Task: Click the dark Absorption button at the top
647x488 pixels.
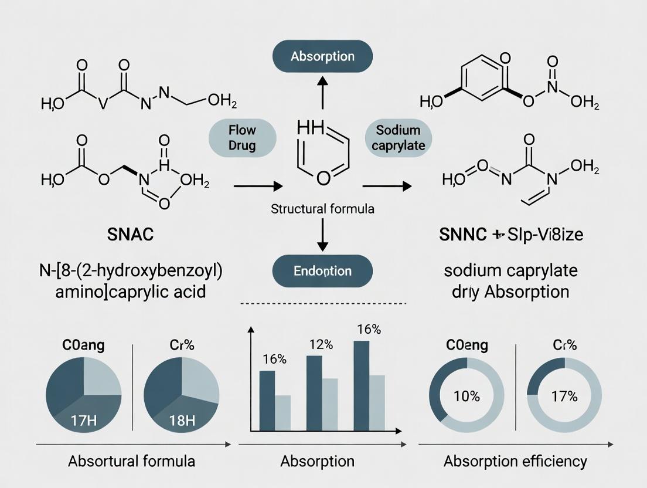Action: click(322, 57)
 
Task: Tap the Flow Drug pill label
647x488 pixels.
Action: click(241, 137)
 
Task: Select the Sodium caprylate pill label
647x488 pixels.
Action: click(399, 137)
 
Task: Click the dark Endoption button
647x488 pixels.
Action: click(322, 271)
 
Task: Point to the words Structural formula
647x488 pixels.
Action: click(322, 208)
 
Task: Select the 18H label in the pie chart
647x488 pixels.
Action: click(181, 420)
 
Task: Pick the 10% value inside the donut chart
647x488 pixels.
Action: click(466, 396)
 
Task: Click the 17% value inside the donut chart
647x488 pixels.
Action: click(564, 396)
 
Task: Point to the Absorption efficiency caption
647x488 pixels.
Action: click(515, 461)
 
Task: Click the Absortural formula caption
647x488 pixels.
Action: click(131, 461)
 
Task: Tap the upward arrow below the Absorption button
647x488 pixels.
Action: click(322, 92)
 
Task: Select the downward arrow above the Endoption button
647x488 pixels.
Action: click(322, 238)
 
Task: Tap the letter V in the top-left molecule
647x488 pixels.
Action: click(103, 104)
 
